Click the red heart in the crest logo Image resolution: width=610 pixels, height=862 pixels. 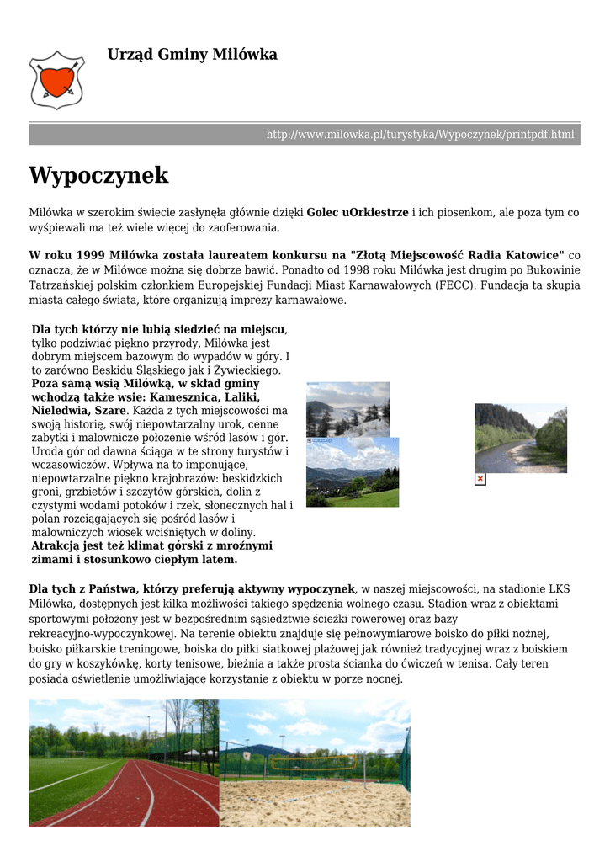(x=56, y=81)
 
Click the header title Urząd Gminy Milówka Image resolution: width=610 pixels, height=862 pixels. (x=192, y=55)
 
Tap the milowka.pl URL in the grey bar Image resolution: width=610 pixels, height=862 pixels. (x=420, y=135)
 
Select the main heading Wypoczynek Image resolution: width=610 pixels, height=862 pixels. (x=98, y=176)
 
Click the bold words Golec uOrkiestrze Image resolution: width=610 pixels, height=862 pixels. (x=358, y=213)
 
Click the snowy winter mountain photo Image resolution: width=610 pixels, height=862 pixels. (x=347, y=409)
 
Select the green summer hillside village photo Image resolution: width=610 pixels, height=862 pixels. (x=353, y=472)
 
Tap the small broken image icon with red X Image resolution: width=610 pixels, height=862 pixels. (x=480, y=479)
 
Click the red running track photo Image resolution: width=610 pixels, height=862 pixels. (x=124, y=762)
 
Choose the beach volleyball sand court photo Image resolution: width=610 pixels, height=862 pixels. (x=315, y=762)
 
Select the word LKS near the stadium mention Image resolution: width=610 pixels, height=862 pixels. (x=559, y=588)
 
